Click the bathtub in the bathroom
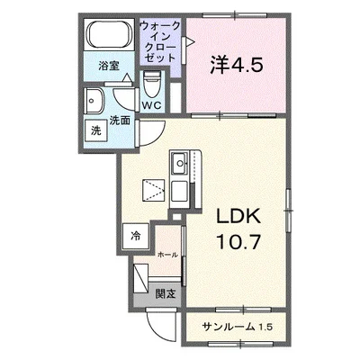click(110, 34)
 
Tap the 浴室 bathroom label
click(109, 66)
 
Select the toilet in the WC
click(151, 85)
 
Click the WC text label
click(152, 105)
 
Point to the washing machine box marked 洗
click(96, 130)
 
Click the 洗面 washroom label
click(120, 121)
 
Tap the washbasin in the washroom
click(94, 101)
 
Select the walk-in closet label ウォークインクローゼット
click(160, 41)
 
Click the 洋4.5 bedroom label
click(237, 66)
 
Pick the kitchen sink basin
click(179, 164)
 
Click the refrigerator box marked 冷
click(136, 236)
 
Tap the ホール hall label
click(167, 255)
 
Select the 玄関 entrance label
click(166, 294)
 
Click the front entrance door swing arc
click(157, 330)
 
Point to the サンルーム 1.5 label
click(237, 327)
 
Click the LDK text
click(238, 218)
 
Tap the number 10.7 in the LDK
click(238, 241)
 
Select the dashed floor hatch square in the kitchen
click(154, 190)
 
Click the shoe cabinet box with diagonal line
click(141, 278)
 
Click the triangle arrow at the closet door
click(190, 41)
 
